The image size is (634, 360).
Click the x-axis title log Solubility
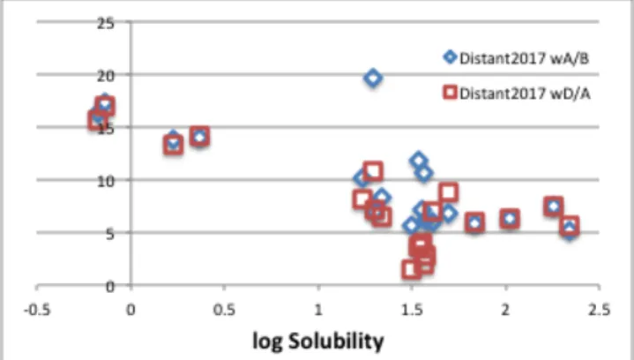pos(318,341)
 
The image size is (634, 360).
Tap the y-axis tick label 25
pos(106,24)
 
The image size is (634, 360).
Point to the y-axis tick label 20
pos(106,76)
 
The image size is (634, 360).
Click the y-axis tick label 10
pos(106,181)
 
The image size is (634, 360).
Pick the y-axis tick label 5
pos(110,234)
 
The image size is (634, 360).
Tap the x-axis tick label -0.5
pos(37,310)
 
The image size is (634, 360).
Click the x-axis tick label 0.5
pos(224,310)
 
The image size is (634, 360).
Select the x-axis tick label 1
pos(318,310)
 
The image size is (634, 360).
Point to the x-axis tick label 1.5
pos(412,310)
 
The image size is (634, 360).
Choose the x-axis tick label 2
pos(505,310)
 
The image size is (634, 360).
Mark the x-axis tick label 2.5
pos(600,310)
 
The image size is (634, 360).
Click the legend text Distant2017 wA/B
pos(525,58)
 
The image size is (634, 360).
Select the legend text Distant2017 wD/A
pos(525,94)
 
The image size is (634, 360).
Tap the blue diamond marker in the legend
pos(450,57)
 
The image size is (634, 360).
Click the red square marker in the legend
pos(450,93)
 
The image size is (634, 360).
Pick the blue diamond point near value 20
pos(373,78)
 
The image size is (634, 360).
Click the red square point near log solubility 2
pos(510,219)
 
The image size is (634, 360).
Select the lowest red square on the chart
pos(411,269)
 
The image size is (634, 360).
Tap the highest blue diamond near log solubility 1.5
pos(419,161)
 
